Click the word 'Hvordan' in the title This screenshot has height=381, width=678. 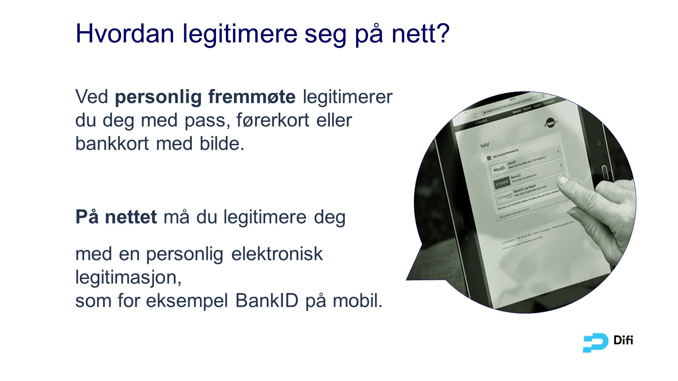tap(125, 33)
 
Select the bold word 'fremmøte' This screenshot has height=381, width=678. tap(252, 97)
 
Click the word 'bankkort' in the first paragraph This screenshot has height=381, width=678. tap(112, 144)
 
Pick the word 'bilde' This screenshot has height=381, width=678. tap(222, 144)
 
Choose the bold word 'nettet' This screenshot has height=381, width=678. tap(131, 217)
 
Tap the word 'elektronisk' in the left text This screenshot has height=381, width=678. tap(277, 254)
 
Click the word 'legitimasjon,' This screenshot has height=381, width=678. tap(128, 277)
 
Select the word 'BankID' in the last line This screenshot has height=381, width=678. tap(267, 301)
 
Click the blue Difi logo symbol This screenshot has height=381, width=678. tap(595, 343)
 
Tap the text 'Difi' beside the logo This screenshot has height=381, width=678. tap(623, 341)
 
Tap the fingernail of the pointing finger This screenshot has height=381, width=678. tap(565, 181)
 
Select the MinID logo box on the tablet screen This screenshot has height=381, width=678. tap(499, 169)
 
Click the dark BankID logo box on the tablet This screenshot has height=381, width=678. tap(502, 183)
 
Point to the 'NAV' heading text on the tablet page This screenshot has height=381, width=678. tap(485, 146)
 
